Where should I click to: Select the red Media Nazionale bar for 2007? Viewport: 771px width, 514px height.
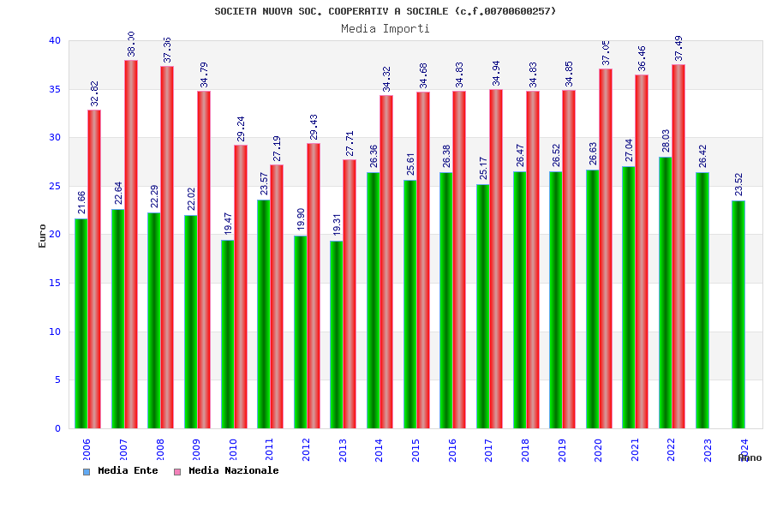(131, 244)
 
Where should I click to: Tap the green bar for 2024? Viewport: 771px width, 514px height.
(738, 314)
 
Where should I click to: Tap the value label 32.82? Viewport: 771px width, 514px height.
(95, 94)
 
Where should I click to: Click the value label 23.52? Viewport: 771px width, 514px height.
(738, 185)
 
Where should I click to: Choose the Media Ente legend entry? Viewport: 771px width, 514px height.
(121, 471)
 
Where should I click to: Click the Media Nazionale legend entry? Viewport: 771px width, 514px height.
(226, 471)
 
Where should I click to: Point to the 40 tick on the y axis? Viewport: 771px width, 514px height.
(55, 40)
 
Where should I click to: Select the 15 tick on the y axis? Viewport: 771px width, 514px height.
(55, 283)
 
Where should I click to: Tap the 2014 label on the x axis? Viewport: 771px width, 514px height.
(380, 451)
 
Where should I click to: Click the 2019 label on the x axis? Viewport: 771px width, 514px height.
(562, 451)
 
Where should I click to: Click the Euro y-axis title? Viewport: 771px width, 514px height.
(43, 236)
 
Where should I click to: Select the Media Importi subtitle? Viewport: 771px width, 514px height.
(385, 28)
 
